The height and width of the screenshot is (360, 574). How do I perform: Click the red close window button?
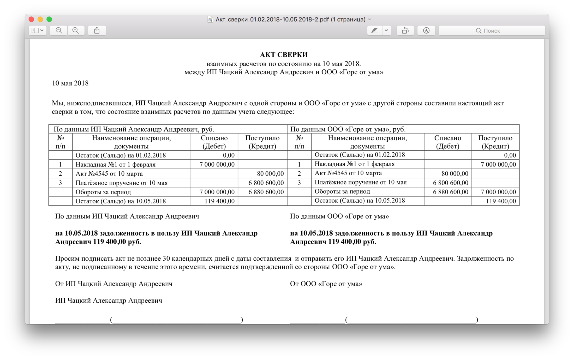[x=31, y=19]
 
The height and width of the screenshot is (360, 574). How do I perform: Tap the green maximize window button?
[x=49, y=19]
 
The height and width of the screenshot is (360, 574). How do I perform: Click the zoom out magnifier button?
[x=59, y=31]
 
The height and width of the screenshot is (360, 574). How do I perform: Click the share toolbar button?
[x=97, y=31]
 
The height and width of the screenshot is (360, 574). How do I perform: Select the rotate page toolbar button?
[x=405, y=31]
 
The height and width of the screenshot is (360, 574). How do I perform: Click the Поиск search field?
[x=492, y=31]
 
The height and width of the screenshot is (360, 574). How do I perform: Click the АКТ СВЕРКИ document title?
[x=284, y=55]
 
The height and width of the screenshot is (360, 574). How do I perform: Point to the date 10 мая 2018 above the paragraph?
[x=70, y=83]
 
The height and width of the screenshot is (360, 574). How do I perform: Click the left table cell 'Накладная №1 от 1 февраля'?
[x=115, y=164]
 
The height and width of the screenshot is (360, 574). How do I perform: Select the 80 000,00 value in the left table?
[x=270, y=173]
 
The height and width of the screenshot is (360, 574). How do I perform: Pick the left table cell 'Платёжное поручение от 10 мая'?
[x=121, y=183]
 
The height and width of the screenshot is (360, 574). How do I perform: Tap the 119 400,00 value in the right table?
[x=501, y=201]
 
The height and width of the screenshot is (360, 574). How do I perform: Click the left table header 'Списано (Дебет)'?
[x=214, y=142]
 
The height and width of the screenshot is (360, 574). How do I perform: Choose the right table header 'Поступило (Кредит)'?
[x=495, y=142]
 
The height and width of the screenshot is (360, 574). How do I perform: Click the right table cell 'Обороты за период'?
[x=342, y=191]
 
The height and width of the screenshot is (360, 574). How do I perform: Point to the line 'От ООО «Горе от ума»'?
[x=326, y=284]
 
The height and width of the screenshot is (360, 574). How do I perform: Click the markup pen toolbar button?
[x=374, y=31]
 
